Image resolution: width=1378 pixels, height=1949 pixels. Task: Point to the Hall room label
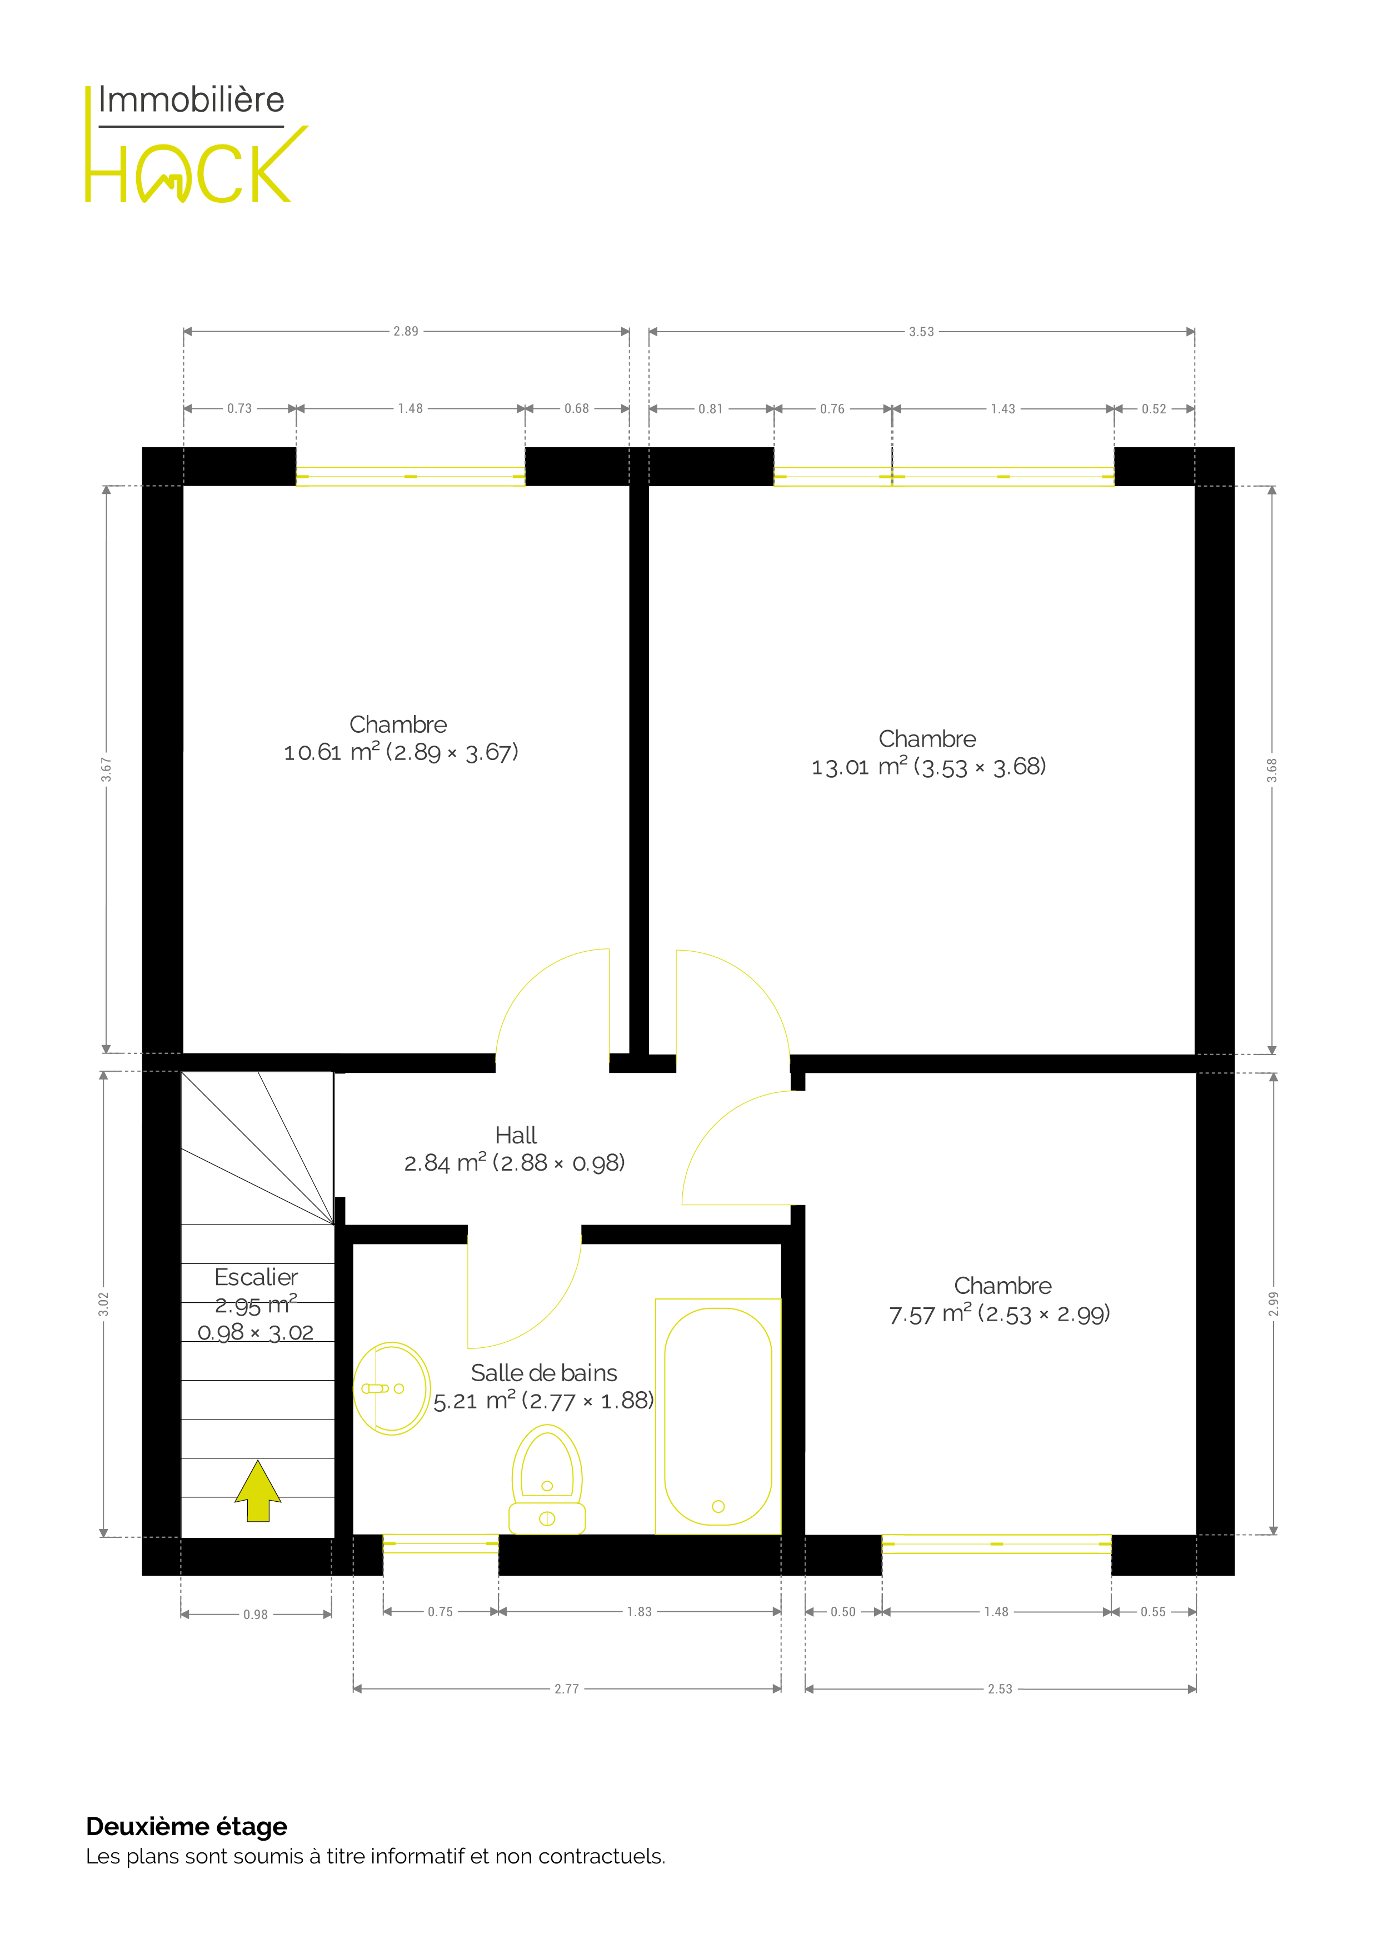pos(516,1135)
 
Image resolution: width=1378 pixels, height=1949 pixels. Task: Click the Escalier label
pos(256,1277)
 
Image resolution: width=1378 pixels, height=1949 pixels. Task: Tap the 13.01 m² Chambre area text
pos(928,767)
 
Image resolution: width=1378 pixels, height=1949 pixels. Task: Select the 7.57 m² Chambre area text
pos(999,1314)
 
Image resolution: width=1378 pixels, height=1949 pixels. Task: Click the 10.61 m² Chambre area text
pos(401,752)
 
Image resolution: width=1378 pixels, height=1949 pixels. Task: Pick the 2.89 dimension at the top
pos(406,331)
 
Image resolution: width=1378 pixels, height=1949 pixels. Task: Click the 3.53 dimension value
pos(921,332)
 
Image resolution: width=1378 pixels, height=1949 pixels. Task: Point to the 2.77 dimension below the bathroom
pos(566,1688)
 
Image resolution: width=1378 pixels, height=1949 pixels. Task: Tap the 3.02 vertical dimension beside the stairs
pos(103,1304)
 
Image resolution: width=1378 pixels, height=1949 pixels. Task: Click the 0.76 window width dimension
pos(832,409)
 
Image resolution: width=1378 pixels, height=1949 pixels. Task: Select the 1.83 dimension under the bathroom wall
pos(640,1611)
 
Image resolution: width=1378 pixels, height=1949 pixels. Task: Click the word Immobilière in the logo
pos(192,100)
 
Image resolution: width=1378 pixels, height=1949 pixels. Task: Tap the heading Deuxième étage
pos(187,1826)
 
